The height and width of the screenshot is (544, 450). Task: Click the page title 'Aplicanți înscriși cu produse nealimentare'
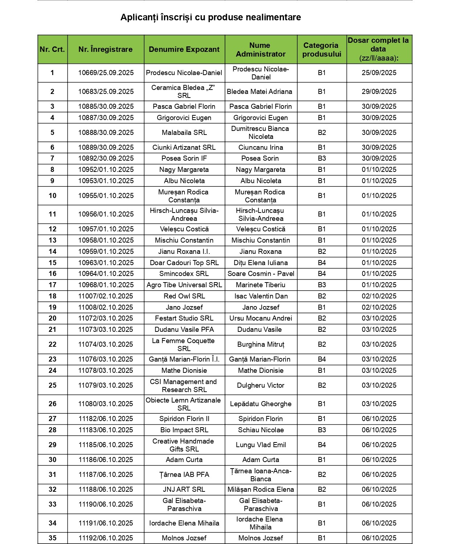(x=210, y=17)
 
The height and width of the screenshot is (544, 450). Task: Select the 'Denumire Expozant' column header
(x=184, y=49)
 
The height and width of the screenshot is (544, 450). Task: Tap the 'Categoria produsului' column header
(x=322, y=50)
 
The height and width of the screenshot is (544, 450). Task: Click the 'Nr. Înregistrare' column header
(x=105, y=49)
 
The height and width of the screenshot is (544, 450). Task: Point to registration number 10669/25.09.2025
(x=106, y=73)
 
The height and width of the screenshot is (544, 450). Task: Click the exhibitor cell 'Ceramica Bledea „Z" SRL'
(x=184, y=91)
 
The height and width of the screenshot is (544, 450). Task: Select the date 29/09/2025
(x=379, y=91)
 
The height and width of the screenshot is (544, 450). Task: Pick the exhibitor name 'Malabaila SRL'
(x=184, y=132)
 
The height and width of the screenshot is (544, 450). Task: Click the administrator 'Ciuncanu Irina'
(x=261, y=147)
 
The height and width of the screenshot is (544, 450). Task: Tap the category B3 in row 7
(x=322, y=158)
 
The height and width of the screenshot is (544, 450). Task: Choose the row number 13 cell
(x=52, y=240)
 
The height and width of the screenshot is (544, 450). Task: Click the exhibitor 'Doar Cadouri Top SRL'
(x=184, y=263)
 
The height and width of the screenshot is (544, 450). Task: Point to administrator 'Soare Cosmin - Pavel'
(x=261, y=273)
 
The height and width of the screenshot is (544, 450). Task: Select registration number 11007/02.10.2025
(x=106, y=296)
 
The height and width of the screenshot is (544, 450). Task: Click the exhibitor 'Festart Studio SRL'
(x=184, y=318)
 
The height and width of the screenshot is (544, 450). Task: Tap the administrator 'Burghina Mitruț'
(x=261, y=344)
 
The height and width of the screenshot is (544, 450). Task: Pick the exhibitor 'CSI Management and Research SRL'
(x=184, y=386)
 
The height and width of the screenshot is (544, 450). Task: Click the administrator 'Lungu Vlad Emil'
(x=261, y=445)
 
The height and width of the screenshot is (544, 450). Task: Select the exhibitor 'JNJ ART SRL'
(x=184, y=489)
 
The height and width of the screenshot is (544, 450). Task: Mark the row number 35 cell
(x=52, y=538)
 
